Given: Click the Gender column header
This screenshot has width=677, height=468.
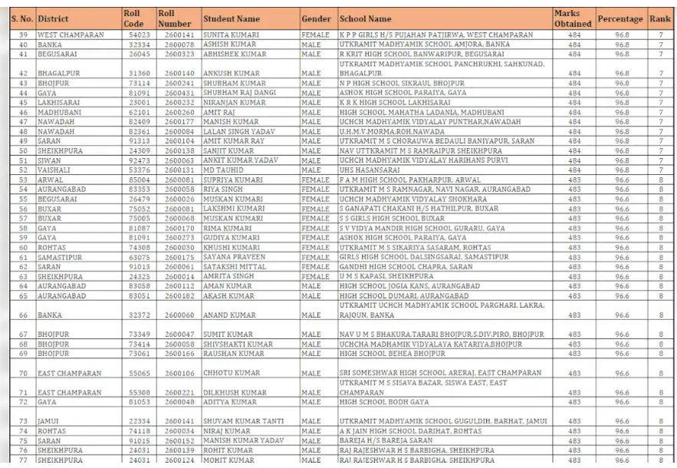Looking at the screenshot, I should (x=316, y=18).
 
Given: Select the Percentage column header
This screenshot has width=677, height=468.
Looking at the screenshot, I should (x=619, y=18).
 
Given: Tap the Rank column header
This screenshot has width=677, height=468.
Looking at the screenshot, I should (x=659, y=18).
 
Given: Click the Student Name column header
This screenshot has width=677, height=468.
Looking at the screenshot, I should (x=231, y=18).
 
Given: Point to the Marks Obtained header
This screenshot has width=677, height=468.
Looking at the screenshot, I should (x=573, y=18).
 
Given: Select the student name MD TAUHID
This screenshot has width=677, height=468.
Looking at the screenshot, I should (x=220, y=170).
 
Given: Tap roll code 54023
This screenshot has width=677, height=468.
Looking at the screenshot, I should (x=138, y=35).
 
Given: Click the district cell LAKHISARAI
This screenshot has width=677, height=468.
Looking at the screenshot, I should (x=60, y=102).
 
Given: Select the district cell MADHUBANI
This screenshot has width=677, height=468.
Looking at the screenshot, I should (x=58, y=112).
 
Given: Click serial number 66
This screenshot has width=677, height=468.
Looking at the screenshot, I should (x=23, y=315).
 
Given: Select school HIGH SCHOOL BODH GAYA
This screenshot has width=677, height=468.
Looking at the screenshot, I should (x=384, y=401).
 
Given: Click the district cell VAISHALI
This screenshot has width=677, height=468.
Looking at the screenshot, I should (x=55, y=170).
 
